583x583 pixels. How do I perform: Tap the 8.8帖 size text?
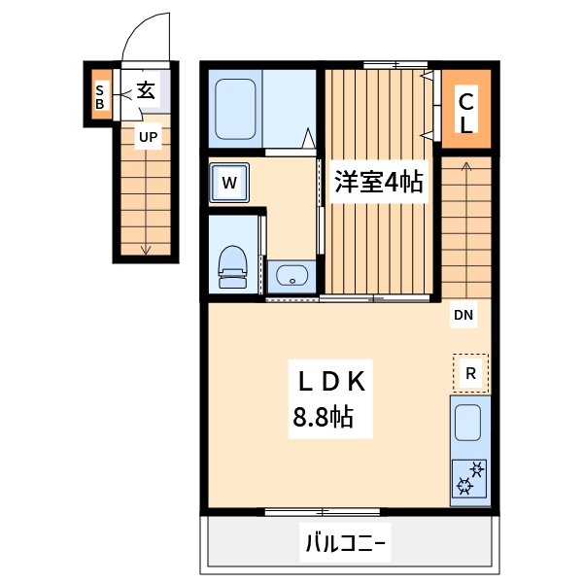tap(323, 418)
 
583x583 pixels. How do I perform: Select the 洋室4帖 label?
tap(378, 182)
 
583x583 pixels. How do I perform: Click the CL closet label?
tap(466, 111)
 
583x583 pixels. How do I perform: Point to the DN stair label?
tap(463, 315)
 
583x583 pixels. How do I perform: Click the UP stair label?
tap(147, 137)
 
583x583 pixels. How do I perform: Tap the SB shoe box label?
tap(99, 97)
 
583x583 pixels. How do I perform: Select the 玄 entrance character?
tap(146, 91)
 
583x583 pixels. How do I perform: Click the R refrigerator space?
tap(470, 373)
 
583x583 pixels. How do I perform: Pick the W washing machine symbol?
tap(229, 182)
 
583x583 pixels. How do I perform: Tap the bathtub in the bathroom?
tap(234, 108)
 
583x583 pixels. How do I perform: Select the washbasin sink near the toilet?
tap(291, 276)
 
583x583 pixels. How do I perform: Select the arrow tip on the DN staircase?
tap(466, 165)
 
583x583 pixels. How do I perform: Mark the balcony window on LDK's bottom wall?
tap(322, 511)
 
